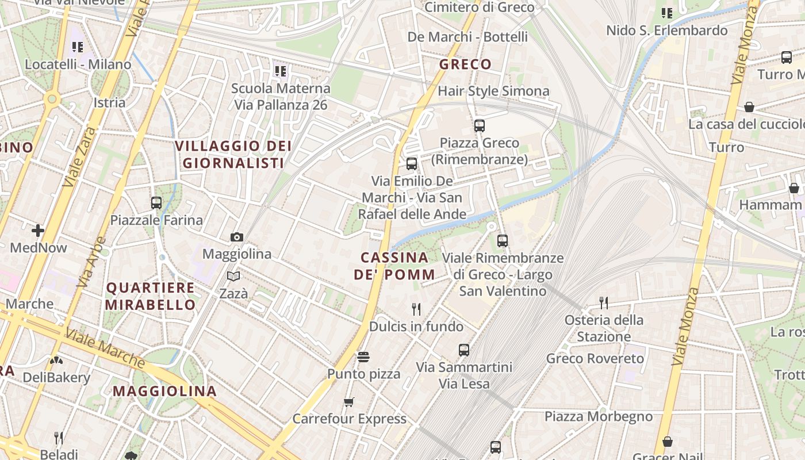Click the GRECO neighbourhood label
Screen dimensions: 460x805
click(466, 64)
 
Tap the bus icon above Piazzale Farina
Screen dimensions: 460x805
click(156, 202)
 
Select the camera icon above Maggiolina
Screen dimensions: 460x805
click(236, 237)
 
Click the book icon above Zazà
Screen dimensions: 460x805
click(233, 277)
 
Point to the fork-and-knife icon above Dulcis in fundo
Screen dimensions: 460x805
click(416, 309)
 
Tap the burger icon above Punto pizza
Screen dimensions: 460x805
click(363, 357)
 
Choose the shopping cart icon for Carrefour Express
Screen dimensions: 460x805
click(349, 402)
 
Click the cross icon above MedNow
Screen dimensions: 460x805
click(38, 231)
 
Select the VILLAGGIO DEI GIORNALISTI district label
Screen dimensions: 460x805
click(233, 155)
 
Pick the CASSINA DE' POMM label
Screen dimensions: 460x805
click(394, 266)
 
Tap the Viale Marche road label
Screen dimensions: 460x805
click(105, 348)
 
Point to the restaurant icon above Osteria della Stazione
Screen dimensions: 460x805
click(604, 302)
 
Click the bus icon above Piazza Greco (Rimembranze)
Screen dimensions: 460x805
click(480, 125)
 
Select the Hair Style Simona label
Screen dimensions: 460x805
click(493, 91)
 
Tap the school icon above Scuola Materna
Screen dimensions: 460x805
click(280, 71)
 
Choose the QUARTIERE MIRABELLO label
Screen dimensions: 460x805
click(151, 296)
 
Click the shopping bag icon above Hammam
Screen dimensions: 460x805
click(794, 188)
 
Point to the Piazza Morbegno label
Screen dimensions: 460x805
click(599, 416)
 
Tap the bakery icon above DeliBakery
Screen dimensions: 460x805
click(56, 361)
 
